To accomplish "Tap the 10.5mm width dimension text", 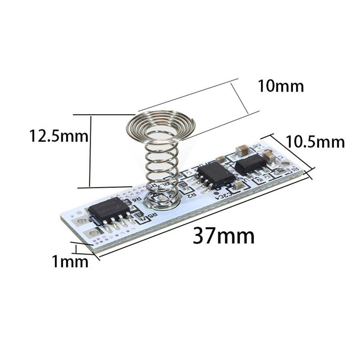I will point(315,142).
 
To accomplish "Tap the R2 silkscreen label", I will point(191,194).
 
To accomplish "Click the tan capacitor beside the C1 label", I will point(269,157).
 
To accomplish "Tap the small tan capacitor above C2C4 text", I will point(238,186).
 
